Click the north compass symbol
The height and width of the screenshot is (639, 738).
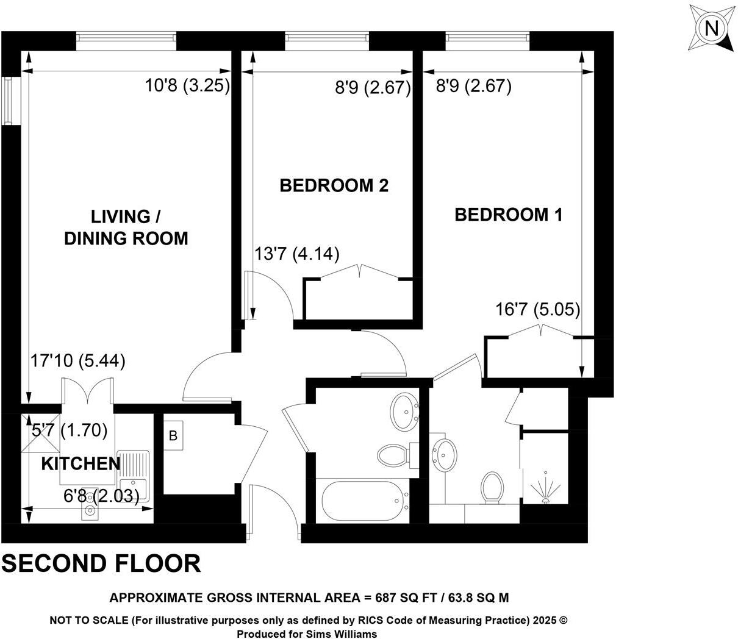click(711, 29)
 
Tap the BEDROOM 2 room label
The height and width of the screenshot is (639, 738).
click(334, 185)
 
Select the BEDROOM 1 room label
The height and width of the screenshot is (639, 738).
click(508, 215)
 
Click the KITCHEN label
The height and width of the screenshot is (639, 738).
click(81, 464)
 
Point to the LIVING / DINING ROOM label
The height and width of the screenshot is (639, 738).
click(126, 227)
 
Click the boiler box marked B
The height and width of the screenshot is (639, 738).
click(173, 436)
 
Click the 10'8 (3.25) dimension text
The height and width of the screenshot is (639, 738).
click(187, 86)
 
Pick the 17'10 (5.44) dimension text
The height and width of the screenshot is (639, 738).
click(78, 361)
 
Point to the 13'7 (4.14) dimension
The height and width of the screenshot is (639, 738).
click(296, 254)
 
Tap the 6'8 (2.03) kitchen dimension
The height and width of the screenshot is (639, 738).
click(101, 496)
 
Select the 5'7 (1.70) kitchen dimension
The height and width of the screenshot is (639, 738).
click(70, 430)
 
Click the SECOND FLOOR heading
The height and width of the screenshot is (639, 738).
click(101, 563)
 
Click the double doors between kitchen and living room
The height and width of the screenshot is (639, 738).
click(87, 391)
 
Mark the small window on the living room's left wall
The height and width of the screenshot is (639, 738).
click(8, 101)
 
